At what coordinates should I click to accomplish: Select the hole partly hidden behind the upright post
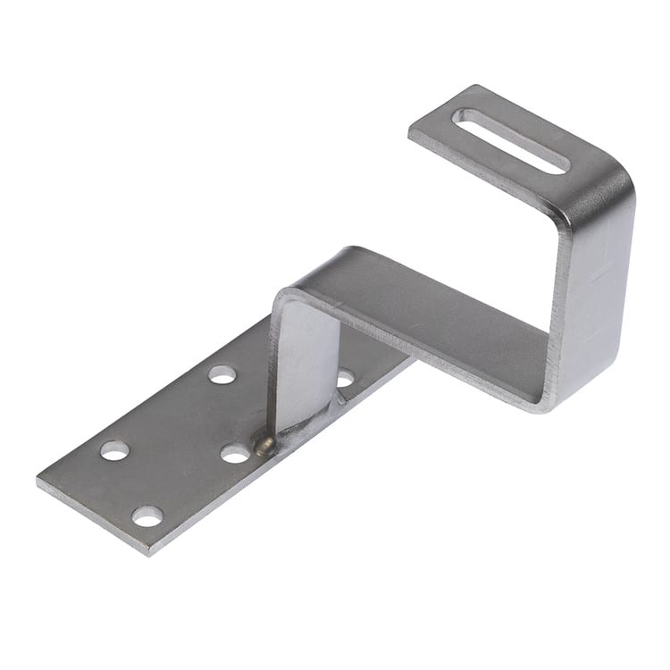tap(344, 378)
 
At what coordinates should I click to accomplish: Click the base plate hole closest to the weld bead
tap(235, 454)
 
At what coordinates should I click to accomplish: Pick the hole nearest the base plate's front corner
tap(147, 515)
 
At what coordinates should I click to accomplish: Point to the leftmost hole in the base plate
tap(114, 450)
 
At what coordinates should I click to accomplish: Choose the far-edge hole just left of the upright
tap(222, 374)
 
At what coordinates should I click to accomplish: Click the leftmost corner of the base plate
tap(38, 482)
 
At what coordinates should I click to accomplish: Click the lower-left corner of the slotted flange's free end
tap(411, 134)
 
